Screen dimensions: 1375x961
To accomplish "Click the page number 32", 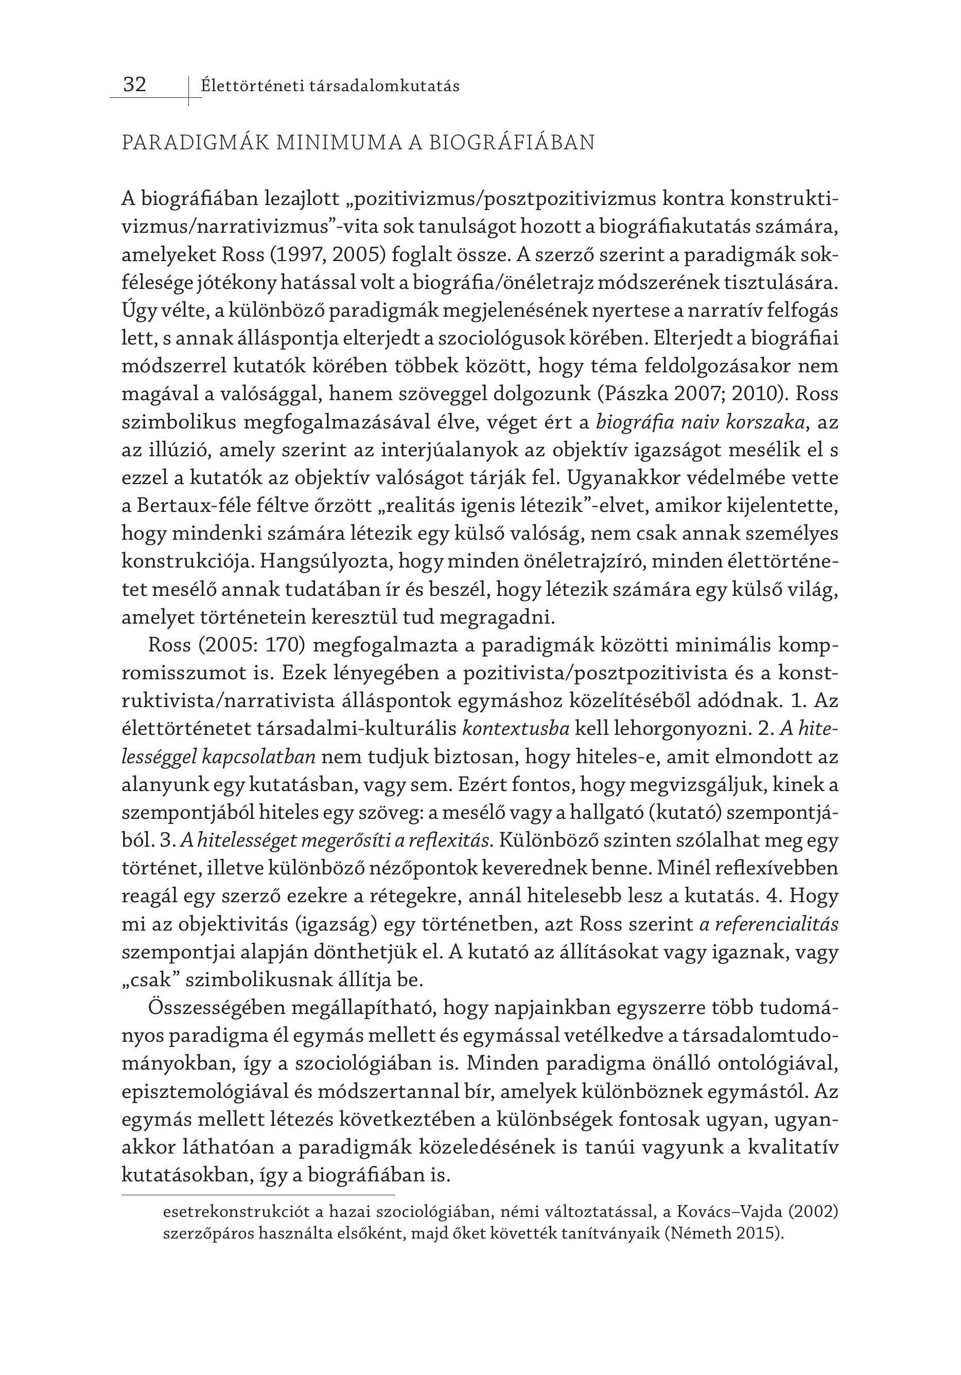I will (135, 84).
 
